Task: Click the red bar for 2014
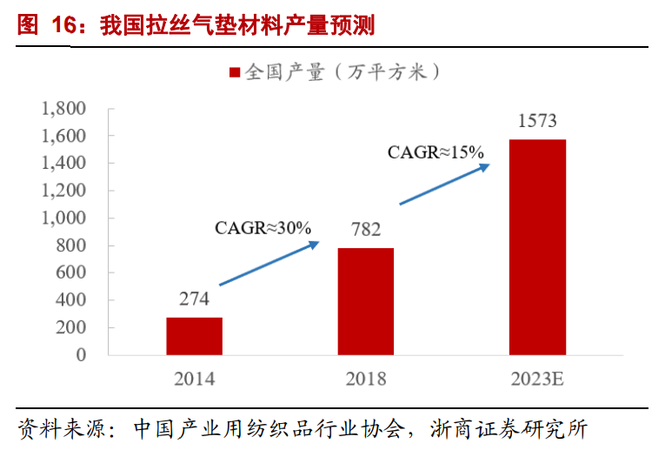194,336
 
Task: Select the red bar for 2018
366,301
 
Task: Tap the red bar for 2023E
537,247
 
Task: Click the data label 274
194,299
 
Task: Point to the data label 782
366,231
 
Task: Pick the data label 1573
537,121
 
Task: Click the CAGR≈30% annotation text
263,228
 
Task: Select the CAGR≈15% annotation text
435,151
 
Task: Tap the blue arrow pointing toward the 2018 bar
269,264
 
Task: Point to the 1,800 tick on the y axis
63,109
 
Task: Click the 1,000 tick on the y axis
63,218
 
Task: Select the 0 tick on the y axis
81,355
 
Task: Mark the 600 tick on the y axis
70,273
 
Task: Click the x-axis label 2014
194,380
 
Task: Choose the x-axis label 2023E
537,380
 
